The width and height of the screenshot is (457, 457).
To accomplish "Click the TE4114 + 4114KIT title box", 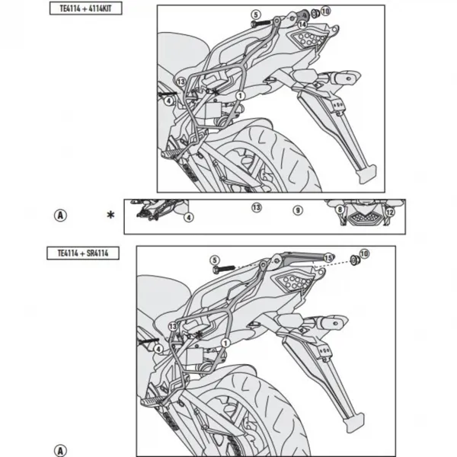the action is (x=85, y=8).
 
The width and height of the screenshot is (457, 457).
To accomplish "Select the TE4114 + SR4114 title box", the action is (x=83, y=253).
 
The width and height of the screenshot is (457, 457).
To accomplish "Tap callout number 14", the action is (x=302, y=24).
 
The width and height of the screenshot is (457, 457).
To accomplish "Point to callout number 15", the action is (x=328, y=258).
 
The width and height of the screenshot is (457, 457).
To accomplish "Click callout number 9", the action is (x=298, y=210).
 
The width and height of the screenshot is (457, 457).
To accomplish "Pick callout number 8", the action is (x=340, y=209).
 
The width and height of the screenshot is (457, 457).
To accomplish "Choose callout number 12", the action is (x=390, y=213).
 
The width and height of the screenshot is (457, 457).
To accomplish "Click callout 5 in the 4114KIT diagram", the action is (x=256, y=14).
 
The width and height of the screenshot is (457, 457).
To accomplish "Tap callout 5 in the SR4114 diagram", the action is (x=215, y=260).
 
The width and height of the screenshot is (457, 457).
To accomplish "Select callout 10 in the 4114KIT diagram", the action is (x=325, y=11).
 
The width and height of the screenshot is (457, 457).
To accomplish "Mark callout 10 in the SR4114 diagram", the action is (x=364, y=254).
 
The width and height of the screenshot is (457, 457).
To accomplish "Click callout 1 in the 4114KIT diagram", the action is (x=240, y=96).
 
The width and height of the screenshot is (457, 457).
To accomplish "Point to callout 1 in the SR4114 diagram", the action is (x=225, y=343).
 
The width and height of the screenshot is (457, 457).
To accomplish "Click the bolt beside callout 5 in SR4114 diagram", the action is (x=223, y=269).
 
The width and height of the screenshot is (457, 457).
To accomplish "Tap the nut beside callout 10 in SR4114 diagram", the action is (x=355, y=260).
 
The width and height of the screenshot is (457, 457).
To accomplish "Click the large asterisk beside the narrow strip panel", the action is (x=110, y=215).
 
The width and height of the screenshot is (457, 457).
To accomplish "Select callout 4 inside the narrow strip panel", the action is (x=189, y=217).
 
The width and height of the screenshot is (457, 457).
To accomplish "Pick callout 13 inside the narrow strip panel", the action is (x=257, y=207).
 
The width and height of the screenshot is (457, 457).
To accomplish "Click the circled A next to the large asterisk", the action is (x=60, y=216).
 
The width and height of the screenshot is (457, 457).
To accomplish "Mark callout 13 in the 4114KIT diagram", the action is (x=181, y=81).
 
